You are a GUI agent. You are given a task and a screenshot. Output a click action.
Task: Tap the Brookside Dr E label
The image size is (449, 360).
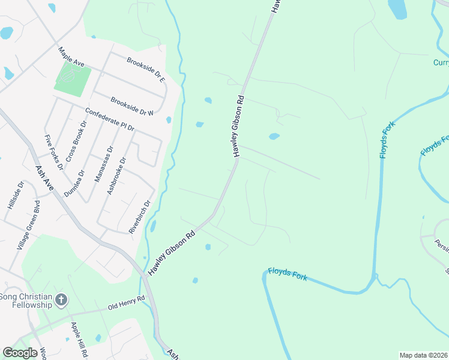click(145, 70)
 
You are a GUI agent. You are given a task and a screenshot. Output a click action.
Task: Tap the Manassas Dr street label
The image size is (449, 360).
click(103, 165)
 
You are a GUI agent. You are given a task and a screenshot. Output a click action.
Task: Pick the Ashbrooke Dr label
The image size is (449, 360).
click(116, 176)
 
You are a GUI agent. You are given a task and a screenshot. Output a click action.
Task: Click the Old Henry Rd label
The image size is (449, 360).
click(127, 302)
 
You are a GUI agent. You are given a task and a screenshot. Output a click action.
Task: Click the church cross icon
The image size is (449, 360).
click(61, 299)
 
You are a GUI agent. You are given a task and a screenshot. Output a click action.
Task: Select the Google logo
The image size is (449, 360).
click(20, 353)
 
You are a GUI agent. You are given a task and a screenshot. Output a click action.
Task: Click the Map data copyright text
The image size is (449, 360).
click(423, 355)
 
